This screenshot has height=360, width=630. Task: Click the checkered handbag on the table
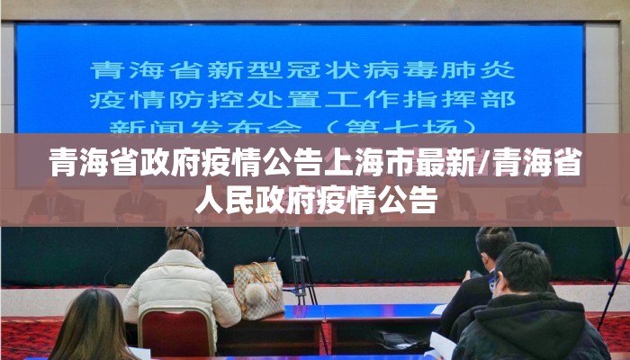(258, 288)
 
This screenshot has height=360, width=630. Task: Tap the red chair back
(176, 331)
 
